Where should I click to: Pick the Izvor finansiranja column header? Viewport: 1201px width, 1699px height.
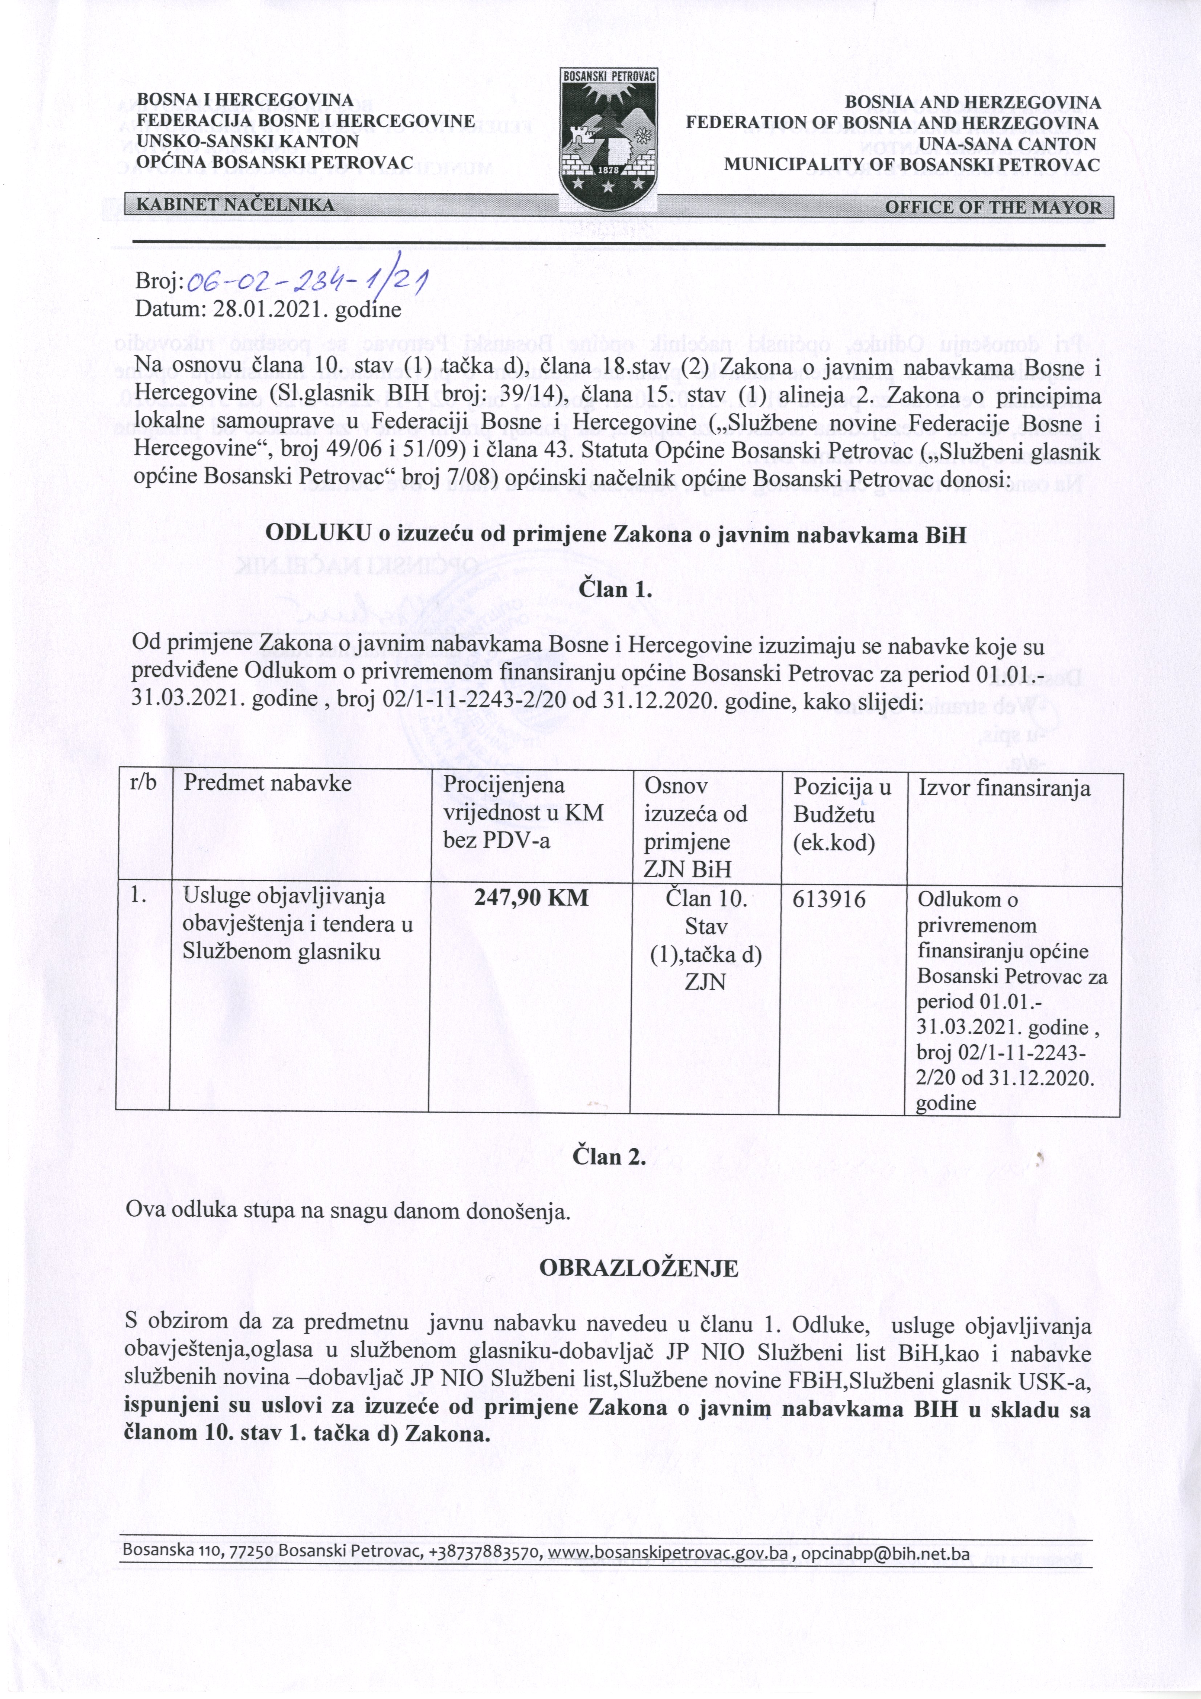(x=1004, y=788)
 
